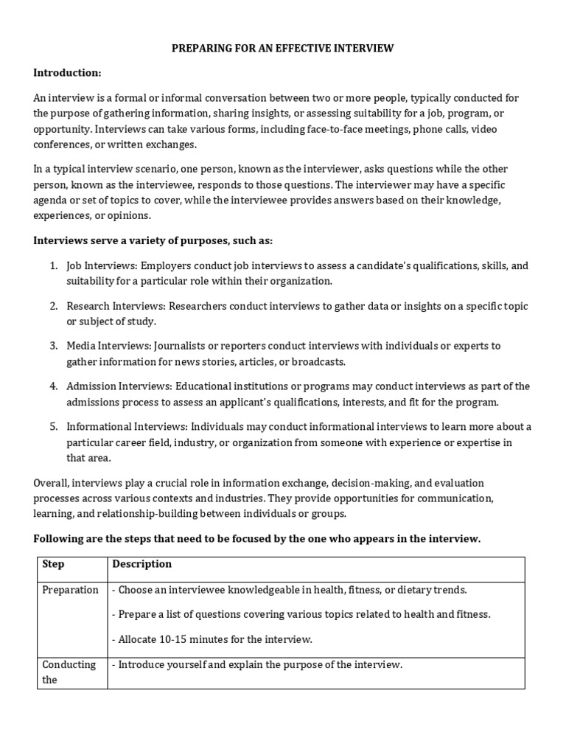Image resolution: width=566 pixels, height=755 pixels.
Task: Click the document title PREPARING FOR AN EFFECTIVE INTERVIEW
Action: point(283,49)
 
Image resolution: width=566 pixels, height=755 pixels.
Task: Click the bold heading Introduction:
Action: point(67,72)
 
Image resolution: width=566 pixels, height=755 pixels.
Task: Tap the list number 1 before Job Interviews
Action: point(53,266)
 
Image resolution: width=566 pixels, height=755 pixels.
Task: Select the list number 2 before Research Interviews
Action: point(53,306)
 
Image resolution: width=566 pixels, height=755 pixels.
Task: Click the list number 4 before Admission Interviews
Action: point(53,386)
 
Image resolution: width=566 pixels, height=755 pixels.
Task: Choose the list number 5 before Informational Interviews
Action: point(53,427)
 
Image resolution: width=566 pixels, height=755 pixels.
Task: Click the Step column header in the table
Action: point(53,564)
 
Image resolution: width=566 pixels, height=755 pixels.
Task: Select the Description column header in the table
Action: point(141,564)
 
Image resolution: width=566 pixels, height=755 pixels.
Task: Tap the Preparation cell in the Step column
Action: point(71,590)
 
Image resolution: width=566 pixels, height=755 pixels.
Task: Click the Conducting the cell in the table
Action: point(69,672)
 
